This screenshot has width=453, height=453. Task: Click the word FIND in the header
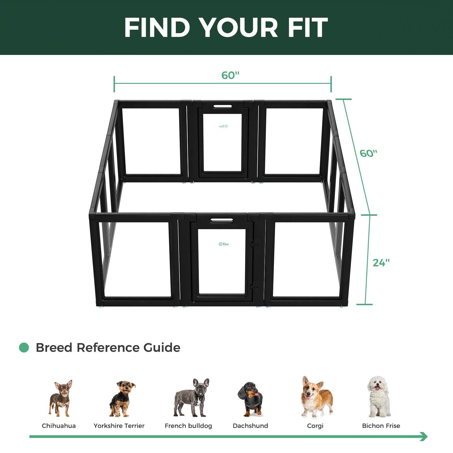[x=157, y=27]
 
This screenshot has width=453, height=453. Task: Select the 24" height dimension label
[x=381, y=263]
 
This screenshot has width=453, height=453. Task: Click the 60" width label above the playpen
[x=230, y=75]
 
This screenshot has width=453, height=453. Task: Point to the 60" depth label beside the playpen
[x=368, y=153]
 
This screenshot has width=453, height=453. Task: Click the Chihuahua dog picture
[x=61, y=398]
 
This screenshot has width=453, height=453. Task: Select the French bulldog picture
[x=192, y=398]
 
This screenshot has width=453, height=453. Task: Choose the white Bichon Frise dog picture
[x=379, y=396]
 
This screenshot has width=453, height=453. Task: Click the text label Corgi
[x=315, y=426]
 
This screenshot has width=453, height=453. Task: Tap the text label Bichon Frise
[x=381, y=426]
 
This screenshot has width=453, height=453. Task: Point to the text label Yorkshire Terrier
[x=119, y=426]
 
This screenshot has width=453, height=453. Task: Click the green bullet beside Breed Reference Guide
[x=24, y=348]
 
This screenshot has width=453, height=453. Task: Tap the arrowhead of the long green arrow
[x=424, y=436]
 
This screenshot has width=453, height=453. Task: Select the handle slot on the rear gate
[x=223, y=107]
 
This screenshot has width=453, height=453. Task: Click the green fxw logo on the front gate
[x=224, y=244]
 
